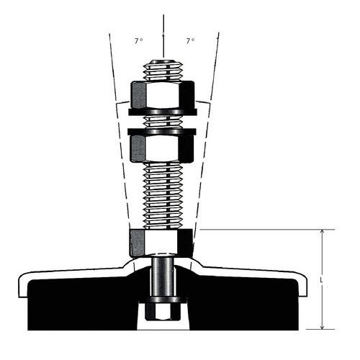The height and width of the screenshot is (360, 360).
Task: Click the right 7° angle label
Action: pyautogui.click(x=191, y=41)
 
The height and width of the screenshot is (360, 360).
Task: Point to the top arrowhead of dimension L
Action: pyautogui.click(x=322, y=233)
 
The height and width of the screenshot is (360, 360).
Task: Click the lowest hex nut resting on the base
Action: pyautogui.click(x=161, y=242)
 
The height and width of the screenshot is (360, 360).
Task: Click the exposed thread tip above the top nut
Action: pyautogui.click(x=163, y=70)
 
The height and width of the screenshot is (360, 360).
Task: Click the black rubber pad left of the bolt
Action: pyautogui.click(x=79, y=302)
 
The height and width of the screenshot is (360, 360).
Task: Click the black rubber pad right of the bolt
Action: pyautogui.click(x=245, y=302)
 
